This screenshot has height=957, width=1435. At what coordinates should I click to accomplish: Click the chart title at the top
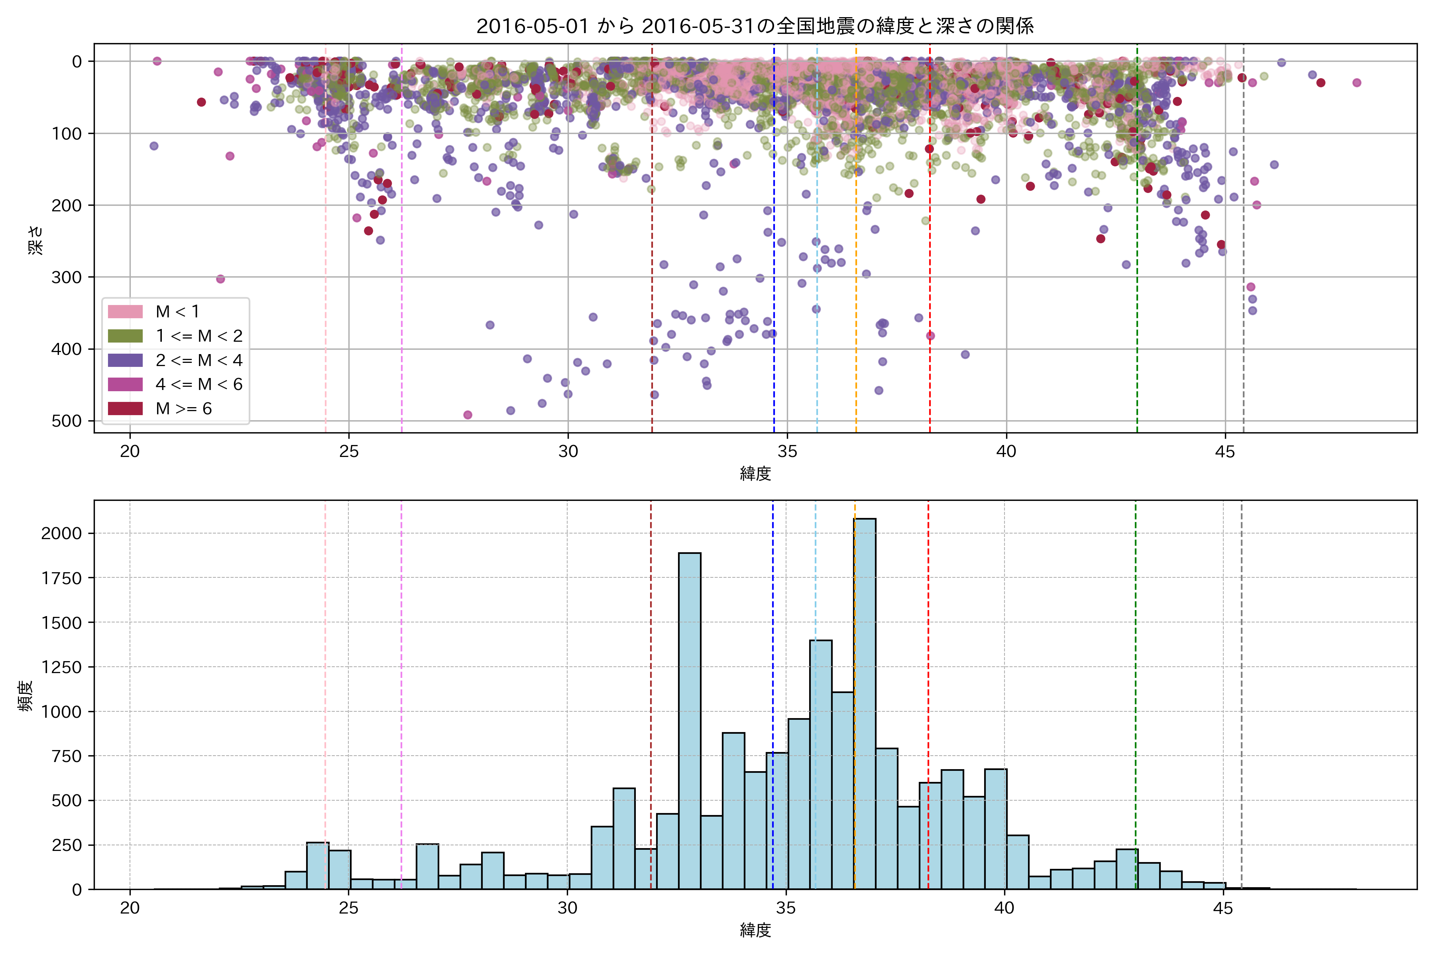pos(755,26)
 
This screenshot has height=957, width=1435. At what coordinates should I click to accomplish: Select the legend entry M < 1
pos(177,312)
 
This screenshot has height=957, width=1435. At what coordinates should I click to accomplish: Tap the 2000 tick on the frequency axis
pos(61,534)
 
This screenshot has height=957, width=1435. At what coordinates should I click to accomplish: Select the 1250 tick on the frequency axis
pos(61,667)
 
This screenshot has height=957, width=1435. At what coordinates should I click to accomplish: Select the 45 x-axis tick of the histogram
pos(1223,909)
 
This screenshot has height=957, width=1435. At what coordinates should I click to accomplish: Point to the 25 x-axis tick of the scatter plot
pos(349,452)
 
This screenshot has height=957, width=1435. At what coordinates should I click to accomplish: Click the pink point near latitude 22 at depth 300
pos(220,279)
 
